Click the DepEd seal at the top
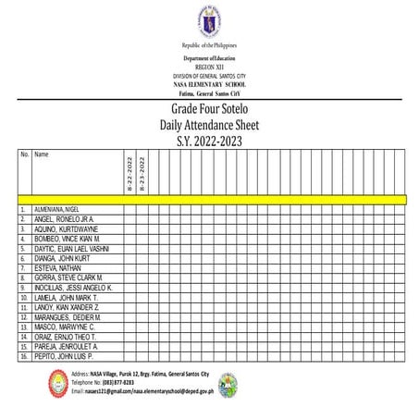(x=209, y=20)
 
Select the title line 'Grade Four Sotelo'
(x=209, y=109)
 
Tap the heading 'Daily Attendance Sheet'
(x=209, y=125)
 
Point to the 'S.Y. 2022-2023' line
(x=209, y=140)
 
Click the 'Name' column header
(x=42, y=154)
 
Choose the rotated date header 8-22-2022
(x=129, y=175)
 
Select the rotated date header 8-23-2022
(x=142, y=175)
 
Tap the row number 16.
(x=23, y=356)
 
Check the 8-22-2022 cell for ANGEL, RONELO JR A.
(x=129, y=219)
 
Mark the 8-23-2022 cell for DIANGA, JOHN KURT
(x=142, y=258)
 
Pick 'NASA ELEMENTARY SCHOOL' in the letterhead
(x=209, y=83)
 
